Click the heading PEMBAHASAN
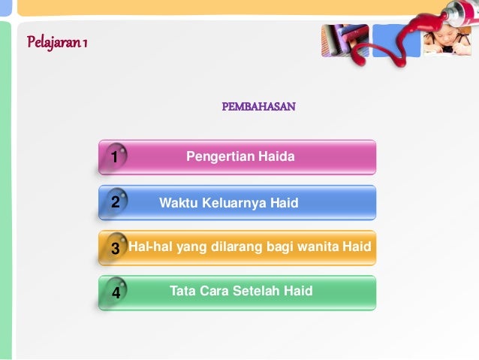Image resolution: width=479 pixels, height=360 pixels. coord(258,107)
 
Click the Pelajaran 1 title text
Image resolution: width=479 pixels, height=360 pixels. coord(58,42)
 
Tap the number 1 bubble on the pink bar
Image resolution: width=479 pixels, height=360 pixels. coord(114,157)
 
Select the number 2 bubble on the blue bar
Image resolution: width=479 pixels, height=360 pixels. coord(114,202)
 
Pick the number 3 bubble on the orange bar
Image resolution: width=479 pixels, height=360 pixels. coord(114,248)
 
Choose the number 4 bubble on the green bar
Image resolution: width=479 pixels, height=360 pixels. coord(115,292)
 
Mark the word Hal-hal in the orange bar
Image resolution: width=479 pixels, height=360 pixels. coord(148,247)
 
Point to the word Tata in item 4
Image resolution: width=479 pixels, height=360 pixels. coord(182,291)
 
